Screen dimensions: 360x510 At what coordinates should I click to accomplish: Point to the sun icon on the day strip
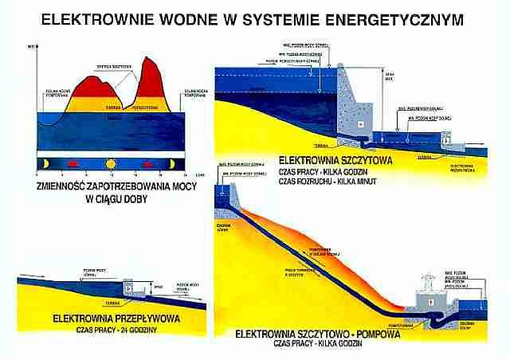111,164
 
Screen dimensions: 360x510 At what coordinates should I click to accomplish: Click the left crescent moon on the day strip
46,164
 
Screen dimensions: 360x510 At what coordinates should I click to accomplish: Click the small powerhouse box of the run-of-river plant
127,289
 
